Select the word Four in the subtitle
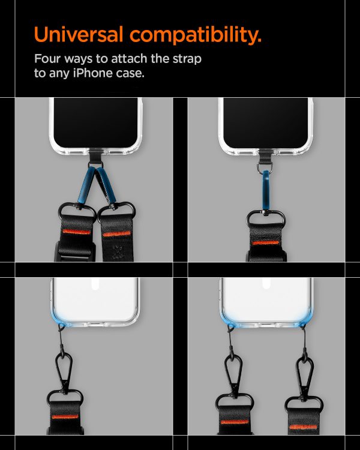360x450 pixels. point(47,59)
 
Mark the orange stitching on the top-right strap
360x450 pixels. point(266,242)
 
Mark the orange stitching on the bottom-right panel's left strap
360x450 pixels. point(230,422)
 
